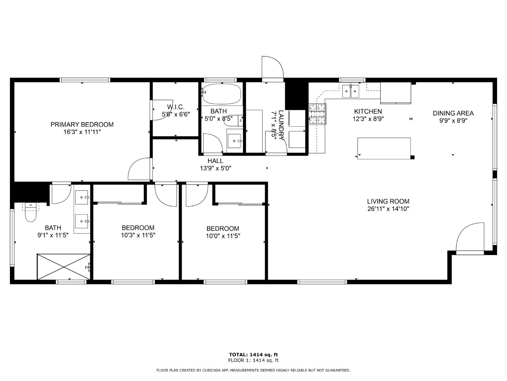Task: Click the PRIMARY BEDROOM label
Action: pos(82,125)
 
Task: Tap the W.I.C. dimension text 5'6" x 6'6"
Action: pos(175,114)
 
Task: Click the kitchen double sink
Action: pos(351,91)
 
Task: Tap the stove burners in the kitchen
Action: pos(318,114)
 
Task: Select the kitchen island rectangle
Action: pos(384,148)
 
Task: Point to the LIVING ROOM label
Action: pos(388,201)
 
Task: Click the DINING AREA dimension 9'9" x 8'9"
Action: pos(453,120)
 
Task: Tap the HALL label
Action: pos(215,161)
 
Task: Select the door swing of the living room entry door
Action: pos(469,237)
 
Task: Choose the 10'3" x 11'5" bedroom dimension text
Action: pos(138,235)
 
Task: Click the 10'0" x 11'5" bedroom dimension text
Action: pos(223,236)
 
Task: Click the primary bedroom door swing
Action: pos(140,170)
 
